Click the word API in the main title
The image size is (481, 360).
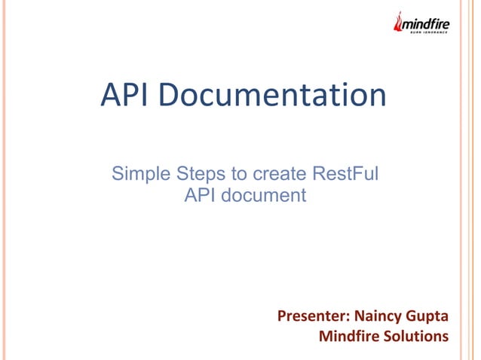coord(124,96)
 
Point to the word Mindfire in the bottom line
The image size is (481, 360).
coord(348,335)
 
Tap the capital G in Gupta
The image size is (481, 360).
coord(412,315)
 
